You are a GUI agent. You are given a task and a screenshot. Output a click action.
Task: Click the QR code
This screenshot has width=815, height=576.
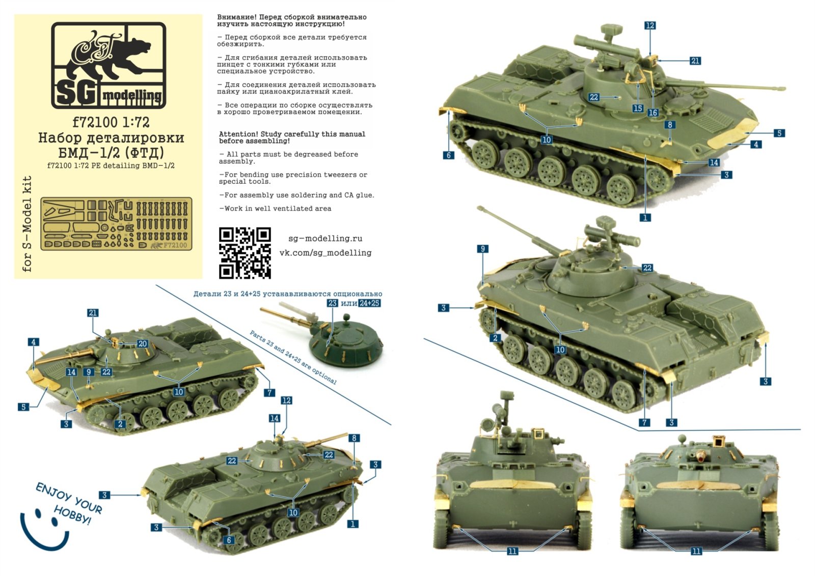point(244,253)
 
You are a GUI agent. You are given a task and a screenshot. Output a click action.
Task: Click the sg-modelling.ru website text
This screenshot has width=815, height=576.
point(325,239)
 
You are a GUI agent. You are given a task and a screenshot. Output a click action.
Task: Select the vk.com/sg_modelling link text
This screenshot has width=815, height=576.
point(325,253)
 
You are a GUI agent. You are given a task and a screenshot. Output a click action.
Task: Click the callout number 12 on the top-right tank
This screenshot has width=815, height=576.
point(649,25)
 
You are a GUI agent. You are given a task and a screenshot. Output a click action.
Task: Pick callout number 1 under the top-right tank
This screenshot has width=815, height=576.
point(645,217)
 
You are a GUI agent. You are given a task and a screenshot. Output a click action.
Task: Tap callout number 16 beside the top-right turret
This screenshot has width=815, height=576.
point(653,112)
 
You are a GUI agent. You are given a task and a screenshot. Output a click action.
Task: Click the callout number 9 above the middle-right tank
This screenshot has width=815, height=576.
point(482,249)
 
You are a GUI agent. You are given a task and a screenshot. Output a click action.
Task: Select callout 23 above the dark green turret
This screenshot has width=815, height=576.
point(332,303)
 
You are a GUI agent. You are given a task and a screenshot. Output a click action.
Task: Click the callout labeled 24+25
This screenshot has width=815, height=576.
point(369,303)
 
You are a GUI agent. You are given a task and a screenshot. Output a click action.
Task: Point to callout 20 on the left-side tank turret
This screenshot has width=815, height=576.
point(143,344)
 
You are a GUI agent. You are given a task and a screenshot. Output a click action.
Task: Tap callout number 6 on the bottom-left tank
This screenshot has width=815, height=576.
point(229,540)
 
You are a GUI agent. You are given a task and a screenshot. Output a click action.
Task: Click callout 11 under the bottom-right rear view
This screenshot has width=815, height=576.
point(696,551)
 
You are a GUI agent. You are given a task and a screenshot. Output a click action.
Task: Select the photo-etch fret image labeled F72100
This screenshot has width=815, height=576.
point(116,224)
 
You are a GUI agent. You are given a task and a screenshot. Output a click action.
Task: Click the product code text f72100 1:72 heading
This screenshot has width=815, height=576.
point(111,122)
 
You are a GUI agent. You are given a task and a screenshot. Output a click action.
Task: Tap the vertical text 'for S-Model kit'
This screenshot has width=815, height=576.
point(27,224)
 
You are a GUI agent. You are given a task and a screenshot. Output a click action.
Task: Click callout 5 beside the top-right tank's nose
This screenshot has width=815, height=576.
point(779,133)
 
